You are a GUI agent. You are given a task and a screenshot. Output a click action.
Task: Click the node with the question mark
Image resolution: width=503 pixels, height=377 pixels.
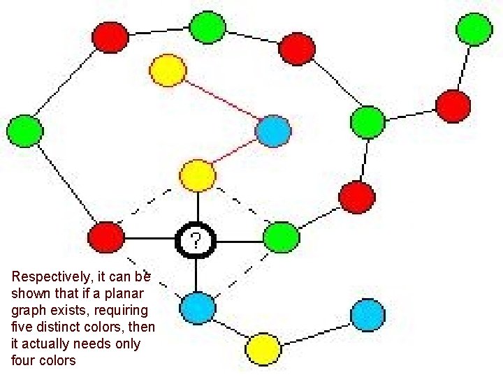click(x=196, y=240)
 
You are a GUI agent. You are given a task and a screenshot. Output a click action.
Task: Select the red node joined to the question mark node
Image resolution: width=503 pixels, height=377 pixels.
click(x=105, y=237)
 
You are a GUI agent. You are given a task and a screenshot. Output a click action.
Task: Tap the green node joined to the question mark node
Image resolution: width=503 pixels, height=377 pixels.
click(x=281, y=237)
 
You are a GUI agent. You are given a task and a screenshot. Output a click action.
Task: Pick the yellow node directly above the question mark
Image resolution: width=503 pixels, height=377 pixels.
click(x=197, y=175)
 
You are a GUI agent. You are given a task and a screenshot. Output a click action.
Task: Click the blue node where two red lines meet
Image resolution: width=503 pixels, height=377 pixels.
click(x=272, y=130)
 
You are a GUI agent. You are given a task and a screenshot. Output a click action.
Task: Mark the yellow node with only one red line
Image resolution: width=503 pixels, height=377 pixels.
click(x=168, y=71)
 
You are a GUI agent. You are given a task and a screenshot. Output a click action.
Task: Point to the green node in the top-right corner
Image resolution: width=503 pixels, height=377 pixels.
click(x=474, y=29)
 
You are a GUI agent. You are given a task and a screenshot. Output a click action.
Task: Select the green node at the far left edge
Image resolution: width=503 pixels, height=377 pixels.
click(x=24, y=130)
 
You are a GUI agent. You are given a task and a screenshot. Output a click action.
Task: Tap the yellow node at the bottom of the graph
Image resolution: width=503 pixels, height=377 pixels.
click(x=263, y=348)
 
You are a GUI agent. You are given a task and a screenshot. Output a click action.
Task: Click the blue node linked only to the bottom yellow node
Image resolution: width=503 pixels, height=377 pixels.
click(x=367, y=314)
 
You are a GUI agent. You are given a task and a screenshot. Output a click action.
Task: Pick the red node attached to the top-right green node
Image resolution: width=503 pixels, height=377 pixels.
click(x=453, y=106)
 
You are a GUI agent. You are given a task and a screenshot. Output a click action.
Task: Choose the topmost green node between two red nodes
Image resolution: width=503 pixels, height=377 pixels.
click(x=208, y=27)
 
